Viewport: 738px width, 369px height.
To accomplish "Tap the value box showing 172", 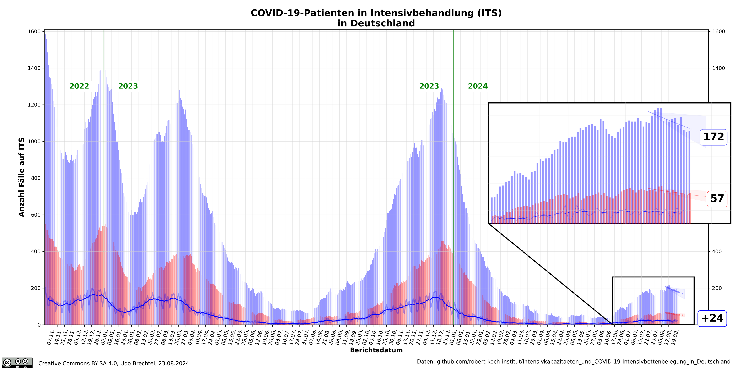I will (713, 137).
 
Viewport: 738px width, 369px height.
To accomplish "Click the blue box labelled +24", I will (712, 318).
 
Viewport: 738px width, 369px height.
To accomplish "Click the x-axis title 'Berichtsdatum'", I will (376, 350).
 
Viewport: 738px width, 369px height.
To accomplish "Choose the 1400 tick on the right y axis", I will (718, 68).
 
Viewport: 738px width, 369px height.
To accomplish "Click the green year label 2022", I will (79, 86).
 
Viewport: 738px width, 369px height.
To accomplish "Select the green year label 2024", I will (478, 86).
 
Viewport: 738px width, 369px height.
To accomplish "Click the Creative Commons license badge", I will (17, 363).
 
